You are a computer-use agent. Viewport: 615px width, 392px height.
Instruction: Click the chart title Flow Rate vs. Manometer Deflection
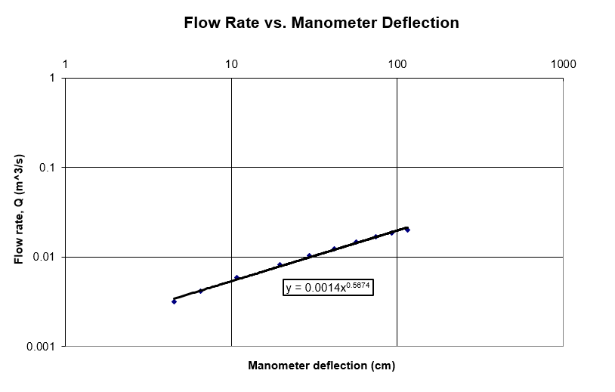(321, 23)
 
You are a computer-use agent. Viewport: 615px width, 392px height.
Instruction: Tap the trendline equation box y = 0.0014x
(329, 287)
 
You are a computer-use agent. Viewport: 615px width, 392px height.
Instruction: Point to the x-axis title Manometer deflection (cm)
(321, 366)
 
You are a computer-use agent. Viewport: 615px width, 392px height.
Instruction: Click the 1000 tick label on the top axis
(564, 64)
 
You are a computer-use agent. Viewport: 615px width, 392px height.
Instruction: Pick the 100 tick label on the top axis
(397, 64)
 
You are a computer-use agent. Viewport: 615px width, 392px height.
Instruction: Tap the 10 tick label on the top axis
(232, 64)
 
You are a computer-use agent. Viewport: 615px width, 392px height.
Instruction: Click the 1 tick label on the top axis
(66, 64)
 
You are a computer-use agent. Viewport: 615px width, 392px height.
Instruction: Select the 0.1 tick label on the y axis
(48, 167)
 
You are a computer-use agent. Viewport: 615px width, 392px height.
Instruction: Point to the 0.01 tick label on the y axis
(45, 257)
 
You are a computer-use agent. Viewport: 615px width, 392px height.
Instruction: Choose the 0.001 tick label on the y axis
(42, 346)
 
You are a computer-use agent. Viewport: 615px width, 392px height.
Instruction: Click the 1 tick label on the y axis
(52, 78)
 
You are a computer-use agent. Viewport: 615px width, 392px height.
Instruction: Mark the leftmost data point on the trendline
(174, 301)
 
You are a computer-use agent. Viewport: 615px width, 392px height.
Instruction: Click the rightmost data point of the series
(407, 230)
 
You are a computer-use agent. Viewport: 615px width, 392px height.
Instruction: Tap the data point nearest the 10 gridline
(236, 278)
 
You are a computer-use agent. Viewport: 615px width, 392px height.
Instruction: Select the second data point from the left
(200, 291)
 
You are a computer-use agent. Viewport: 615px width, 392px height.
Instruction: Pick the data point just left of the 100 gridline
(391, 233)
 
